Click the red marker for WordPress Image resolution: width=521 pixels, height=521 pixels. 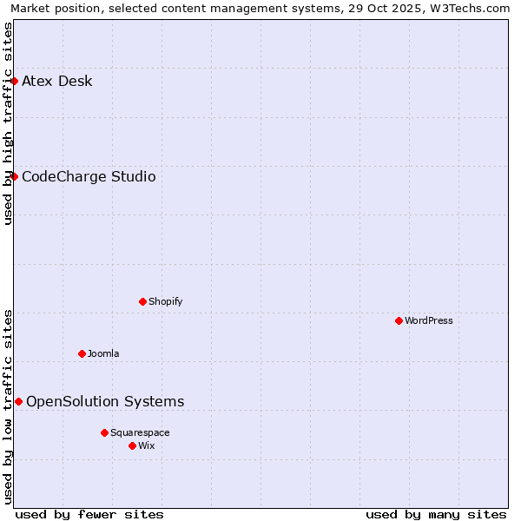tap(399, 320)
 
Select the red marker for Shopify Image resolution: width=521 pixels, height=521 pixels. tap(142, 301)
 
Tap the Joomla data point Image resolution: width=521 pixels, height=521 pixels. tap(82, 353)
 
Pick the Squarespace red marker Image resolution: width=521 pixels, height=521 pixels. tap(104, 432)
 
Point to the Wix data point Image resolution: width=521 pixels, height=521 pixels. tap(132, 445)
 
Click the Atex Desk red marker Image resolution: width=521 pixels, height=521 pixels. tap(14, 81)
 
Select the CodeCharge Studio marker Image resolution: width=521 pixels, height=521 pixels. tap(14, 176)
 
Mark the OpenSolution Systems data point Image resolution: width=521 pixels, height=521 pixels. tap(18, 401)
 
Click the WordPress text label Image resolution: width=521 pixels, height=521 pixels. tap(429, 320)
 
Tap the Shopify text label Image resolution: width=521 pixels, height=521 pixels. tap(165, 301)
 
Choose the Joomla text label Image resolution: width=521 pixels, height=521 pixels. tap(103, 353)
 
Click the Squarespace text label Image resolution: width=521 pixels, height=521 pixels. tap(140, 432)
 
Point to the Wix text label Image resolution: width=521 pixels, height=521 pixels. tap(146, 445)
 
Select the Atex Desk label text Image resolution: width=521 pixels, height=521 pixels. tap(56, 82)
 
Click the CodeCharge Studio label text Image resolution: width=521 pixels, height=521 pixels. tap(89, 177)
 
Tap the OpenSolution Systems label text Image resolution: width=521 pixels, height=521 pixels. tap(105, 401)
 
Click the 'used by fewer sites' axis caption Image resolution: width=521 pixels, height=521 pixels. tap(89, 514)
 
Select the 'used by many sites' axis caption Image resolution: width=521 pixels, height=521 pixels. tap(436, 514)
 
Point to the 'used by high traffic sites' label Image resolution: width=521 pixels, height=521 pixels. tap(8, 123)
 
